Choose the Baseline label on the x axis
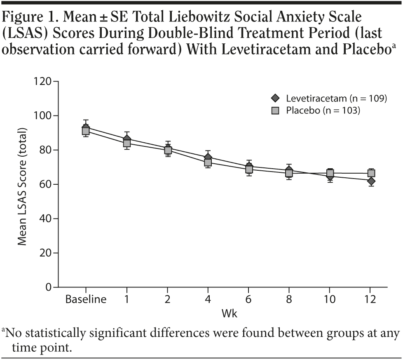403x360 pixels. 86,299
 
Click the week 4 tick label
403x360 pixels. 208,299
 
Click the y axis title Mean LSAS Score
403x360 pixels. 22,186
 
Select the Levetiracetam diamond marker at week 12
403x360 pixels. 371,181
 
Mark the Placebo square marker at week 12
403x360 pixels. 371,173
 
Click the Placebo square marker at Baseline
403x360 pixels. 86,131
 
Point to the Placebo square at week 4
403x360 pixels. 208,162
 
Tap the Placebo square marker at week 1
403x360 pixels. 127,143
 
